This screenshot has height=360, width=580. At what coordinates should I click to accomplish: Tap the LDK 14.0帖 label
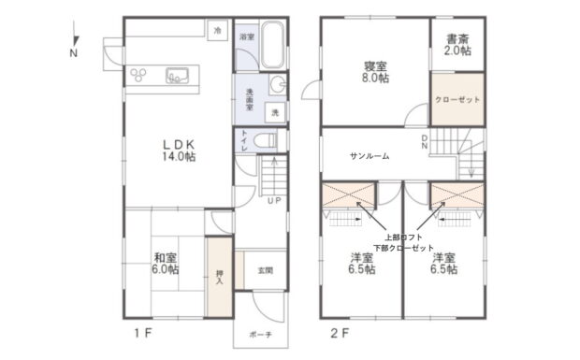pos(179,151)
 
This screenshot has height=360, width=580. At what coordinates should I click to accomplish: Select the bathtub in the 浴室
pos(272,45)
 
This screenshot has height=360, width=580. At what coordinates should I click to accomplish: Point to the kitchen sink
pos(177,76)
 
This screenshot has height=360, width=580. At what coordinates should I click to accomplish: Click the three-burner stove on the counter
pos(138,75)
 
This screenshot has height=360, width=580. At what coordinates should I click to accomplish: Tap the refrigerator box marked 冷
pos(217,30)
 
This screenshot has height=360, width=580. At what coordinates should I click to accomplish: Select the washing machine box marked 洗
pos(275,112)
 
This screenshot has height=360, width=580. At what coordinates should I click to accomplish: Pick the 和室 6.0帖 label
pos(166,263)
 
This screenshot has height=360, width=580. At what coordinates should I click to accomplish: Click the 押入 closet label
pos(220,277)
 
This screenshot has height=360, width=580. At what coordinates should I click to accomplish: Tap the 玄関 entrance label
pos(266,270)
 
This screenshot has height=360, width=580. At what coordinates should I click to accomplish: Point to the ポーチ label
pos(261,335)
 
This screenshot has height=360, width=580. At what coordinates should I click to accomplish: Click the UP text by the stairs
pos(274,201)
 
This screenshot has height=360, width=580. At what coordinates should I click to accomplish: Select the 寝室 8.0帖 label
pos(375,72)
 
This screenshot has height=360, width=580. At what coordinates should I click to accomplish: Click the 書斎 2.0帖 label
pos(457,45)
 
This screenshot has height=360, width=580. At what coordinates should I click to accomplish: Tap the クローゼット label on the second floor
pos(457,100)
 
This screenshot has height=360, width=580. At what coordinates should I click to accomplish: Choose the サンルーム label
pos(370,156)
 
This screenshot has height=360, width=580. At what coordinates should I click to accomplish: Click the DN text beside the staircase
pos(425,142)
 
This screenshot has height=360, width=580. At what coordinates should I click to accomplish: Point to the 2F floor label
pos(340,334)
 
